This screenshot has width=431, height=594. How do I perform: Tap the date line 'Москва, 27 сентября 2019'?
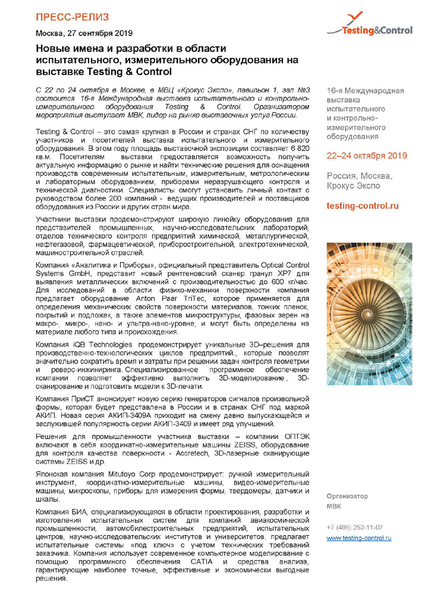point(84,33)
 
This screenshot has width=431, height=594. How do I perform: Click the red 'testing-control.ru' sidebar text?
point(363,205)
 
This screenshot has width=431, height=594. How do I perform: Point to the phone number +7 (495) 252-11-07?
point(354,527)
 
